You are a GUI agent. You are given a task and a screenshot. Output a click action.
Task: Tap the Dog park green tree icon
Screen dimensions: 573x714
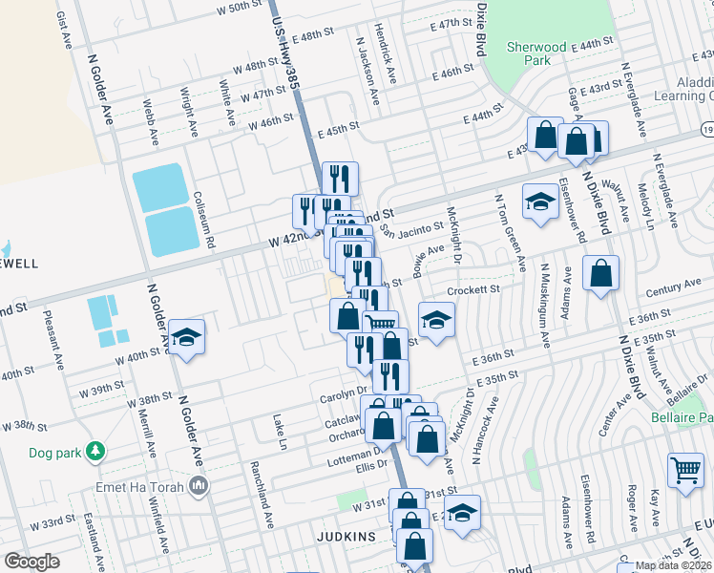coord(94,450)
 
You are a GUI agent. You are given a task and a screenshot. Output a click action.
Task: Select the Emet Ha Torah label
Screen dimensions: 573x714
coord(143,488)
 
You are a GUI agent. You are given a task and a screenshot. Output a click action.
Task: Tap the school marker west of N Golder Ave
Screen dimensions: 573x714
coord(188,336)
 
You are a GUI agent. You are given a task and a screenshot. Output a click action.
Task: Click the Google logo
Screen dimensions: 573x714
coord(31,562)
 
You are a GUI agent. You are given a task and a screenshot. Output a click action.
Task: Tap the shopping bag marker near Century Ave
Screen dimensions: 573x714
coord(600,273)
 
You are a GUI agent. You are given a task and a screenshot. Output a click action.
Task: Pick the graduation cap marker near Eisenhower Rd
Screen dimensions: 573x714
coord(539,202)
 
